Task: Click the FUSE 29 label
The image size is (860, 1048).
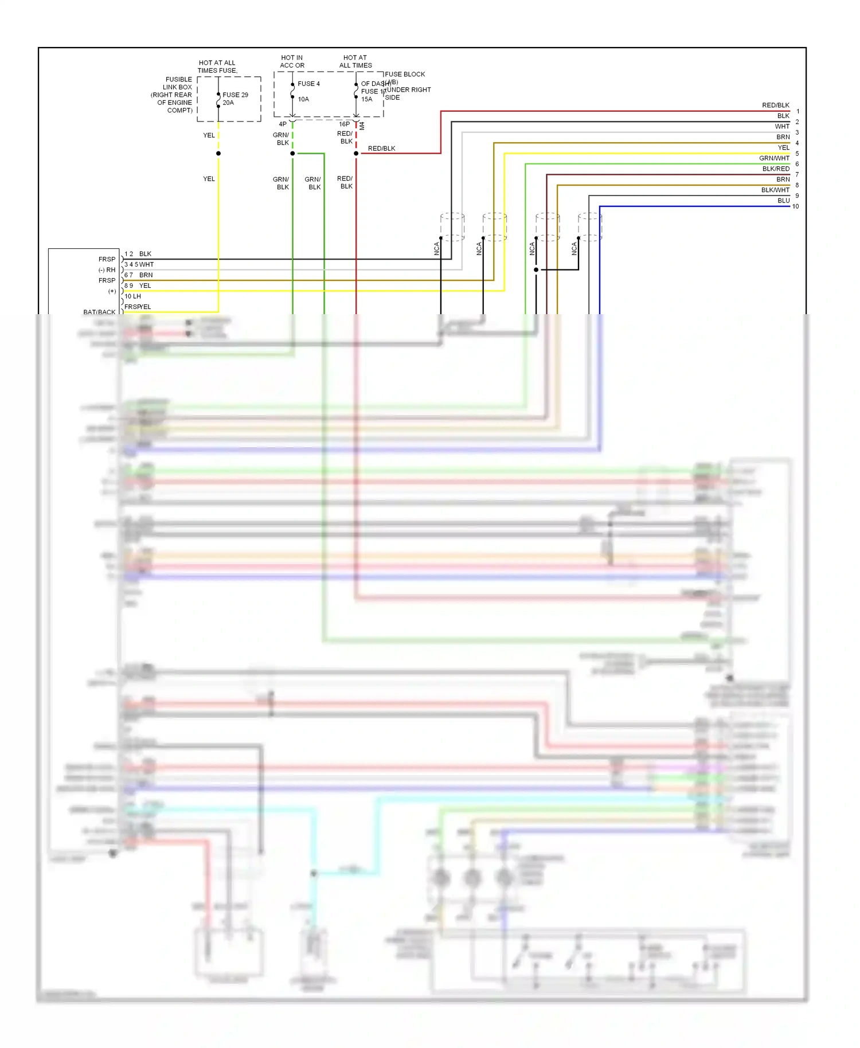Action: [x=235, y=95]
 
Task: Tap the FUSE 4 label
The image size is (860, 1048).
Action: [x=308, y=84]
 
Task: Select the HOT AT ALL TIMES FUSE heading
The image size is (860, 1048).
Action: [x=217, y=67]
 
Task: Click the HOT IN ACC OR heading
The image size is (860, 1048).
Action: [x=292, y=61]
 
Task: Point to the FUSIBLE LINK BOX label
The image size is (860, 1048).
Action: [x=178, y=83]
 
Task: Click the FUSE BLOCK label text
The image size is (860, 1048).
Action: [x=405, y=75]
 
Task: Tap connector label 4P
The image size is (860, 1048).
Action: [x=283, y=124]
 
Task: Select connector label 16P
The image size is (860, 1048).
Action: [x=344, y=124]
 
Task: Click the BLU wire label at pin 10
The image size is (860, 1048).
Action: [x=783, y=201]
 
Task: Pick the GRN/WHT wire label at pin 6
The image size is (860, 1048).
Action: [x=774, y=158]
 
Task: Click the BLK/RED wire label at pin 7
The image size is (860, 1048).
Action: [x=775, y=169]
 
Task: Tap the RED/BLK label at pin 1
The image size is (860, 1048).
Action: [x=775, y=105]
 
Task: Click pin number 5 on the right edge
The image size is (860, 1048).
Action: [x=797, y=154]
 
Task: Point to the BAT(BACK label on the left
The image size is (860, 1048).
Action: [x=99, y=312]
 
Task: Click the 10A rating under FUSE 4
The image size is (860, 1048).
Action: [x=303, y=99]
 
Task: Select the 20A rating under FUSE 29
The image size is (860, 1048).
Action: [x=228, y=103]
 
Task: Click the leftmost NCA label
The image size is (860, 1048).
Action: [x=437, y=249]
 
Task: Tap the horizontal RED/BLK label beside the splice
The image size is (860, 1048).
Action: [x=381, y=148]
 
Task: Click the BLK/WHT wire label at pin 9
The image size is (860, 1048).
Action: [x=775, y=190]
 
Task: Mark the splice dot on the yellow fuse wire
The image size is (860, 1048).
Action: [x=218, y=154]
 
